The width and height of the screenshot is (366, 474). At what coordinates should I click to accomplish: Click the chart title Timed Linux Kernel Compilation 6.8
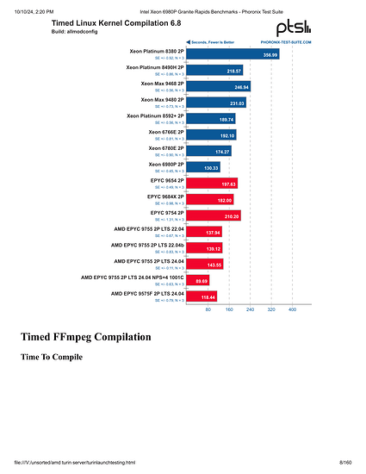pyautogui.click(x=107, y=24)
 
